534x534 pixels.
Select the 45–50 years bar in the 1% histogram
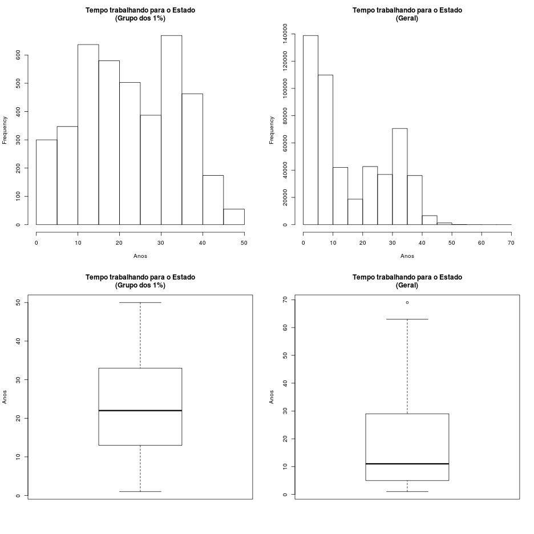point(233,217)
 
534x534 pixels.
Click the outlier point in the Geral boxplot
point(407,302)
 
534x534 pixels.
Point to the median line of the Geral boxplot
point(407,464)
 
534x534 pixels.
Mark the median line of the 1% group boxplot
point(140,410)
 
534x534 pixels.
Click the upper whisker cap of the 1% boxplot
point(140,302)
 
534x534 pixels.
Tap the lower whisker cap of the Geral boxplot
point(407,491)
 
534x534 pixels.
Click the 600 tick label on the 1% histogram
point(18,55)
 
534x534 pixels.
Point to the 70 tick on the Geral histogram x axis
point(511,242)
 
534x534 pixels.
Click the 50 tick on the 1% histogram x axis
point(244,242)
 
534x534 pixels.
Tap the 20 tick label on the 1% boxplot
point(18,418)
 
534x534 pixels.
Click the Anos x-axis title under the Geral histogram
point(407,256)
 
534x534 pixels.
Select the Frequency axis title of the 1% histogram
point(5,130)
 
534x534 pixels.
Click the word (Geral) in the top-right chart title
point(407,18)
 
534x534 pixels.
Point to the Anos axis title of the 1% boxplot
point(5,397)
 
